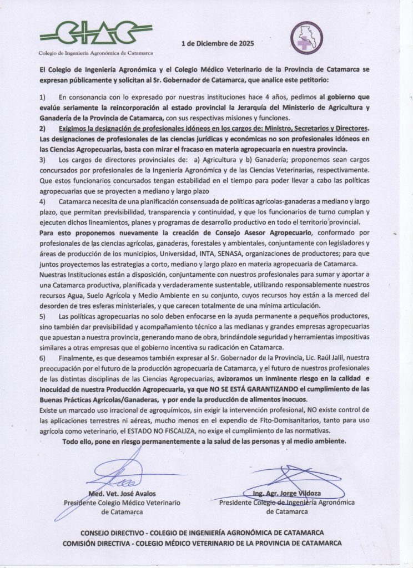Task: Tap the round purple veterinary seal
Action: tap(307, 37)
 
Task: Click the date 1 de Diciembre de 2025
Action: tap(218, 44)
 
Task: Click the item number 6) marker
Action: tap(43, 358)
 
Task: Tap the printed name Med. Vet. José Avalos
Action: tap(122, 494)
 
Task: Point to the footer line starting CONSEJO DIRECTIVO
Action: tap(202, 532)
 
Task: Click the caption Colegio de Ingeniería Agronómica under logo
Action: tap(96, 53)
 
